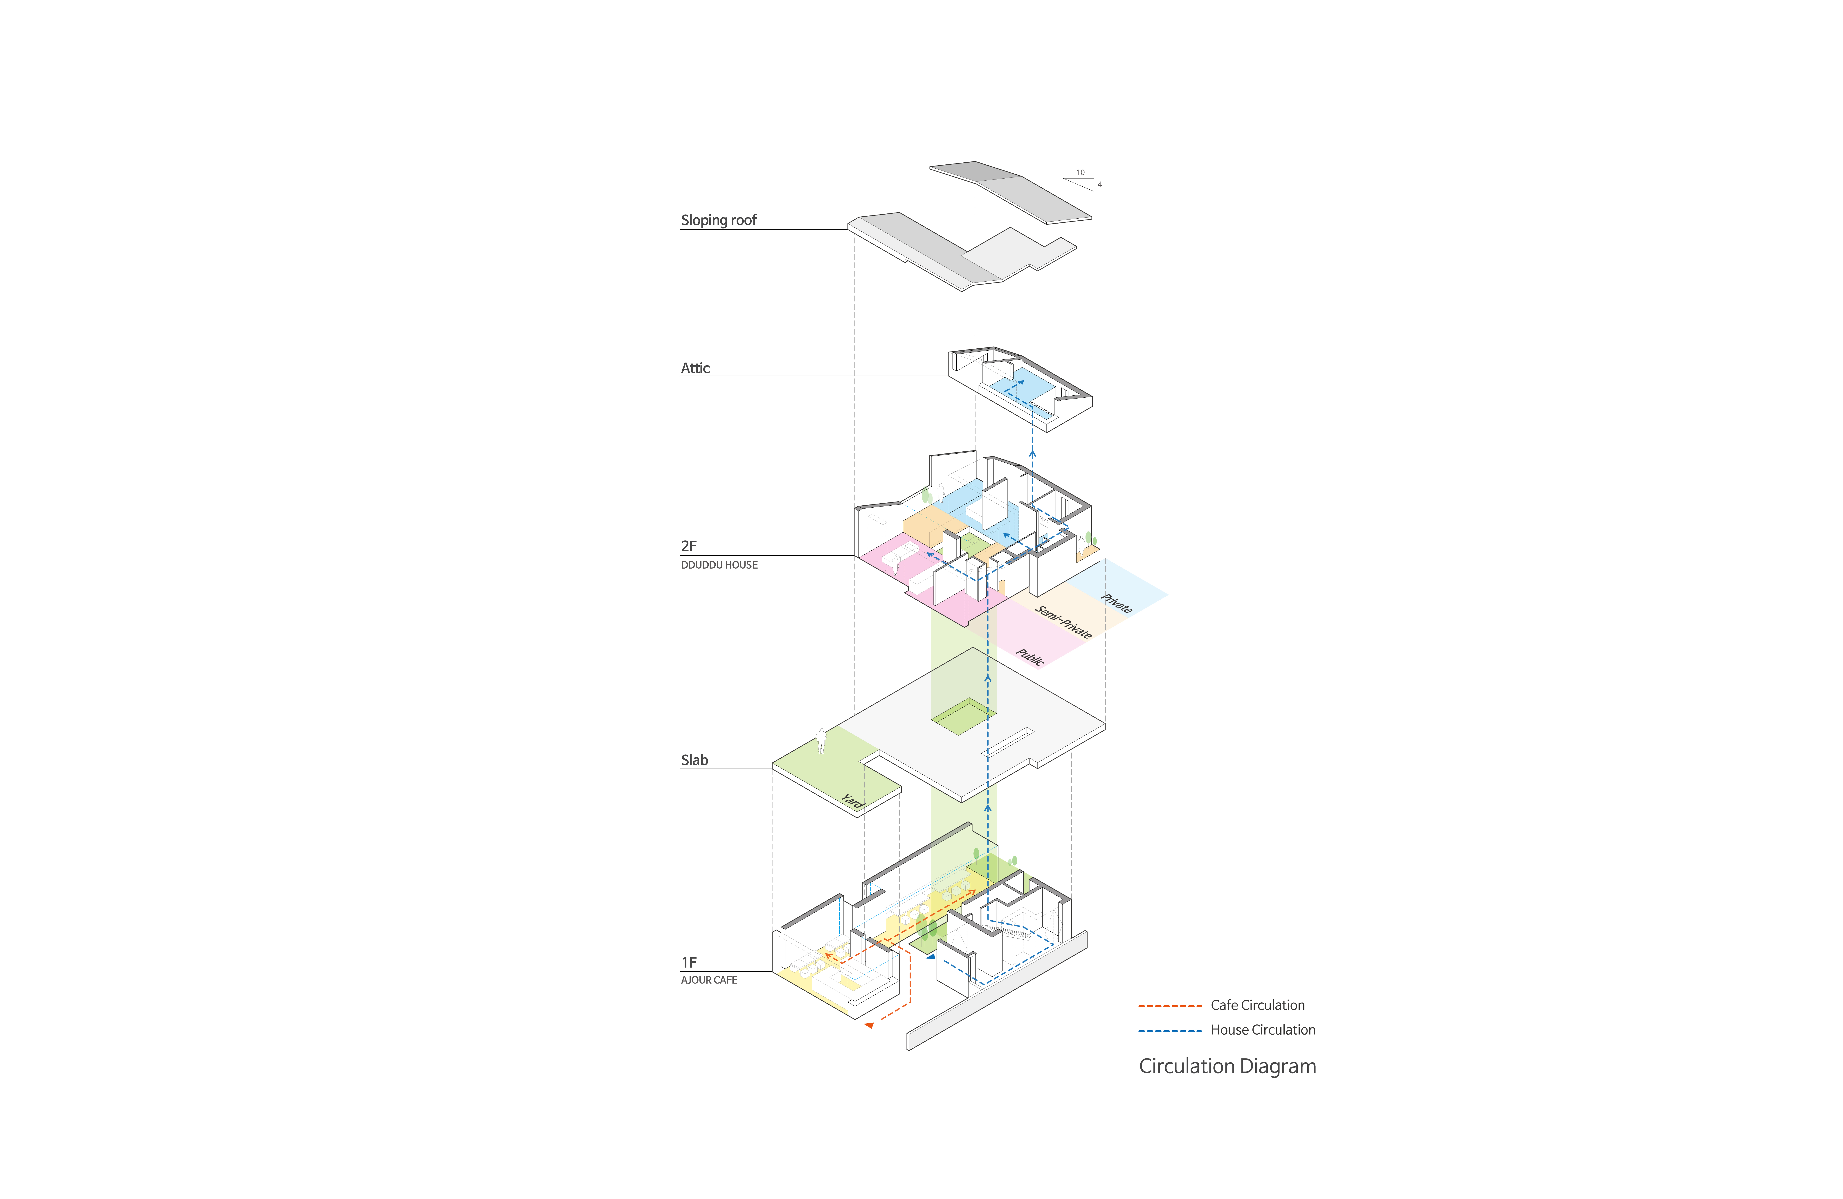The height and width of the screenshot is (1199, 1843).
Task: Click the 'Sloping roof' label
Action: pos(718,220)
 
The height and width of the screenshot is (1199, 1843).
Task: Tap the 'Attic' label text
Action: pos(694,368)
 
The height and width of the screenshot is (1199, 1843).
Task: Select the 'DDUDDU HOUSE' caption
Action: pos(719,565)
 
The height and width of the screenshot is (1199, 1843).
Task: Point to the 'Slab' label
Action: pos(694,760)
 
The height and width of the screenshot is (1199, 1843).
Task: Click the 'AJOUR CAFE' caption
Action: pos(708,980)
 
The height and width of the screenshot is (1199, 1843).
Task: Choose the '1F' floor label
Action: pos(688,962)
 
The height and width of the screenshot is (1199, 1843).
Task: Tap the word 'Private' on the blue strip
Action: pos(1117,603)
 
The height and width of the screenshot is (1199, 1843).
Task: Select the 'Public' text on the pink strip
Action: pos(1030,657)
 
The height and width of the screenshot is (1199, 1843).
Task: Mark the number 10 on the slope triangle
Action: pos(1080,173)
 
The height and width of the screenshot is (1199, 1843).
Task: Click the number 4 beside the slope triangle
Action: pos(1100,184)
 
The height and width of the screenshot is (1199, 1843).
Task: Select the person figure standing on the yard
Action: pos(821,741)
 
